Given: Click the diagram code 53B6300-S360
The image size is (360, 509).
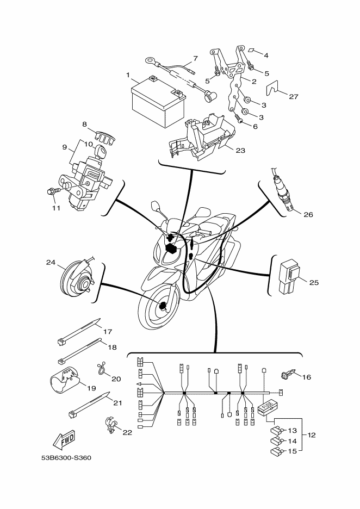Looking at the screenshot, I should click(x=66, y=457).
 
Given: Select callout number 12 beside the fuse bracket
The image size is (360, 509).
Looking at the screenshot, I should click(x=311, y=435).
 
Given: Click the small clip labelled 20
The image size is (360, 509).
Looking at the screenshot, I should click(x=101, y=369).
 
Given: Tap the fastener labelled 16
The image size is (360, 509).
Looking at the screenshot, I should click(x=287, y=375).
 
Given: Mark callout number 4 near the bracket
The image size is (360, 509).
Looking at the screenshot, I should click(x=266, y=55).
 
